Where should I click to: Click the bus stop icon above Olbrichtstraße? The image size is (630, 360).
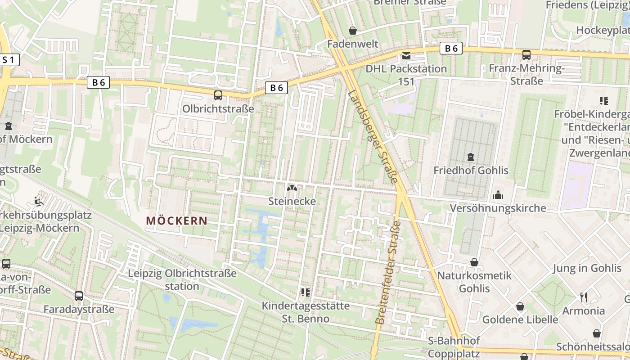coord(218,95)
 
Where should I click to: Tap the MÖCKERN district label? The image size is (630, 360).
coord(177,221)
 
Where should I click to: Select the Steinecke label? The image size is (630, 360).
coord(292,201)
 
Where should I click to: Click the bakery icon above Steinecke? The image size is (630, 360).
coord(292,188)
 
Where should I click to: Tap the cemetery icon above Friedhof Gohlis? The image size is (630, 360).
coord(471,157)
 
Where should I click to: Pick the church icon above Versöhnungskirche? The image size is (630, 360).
coord(498,195)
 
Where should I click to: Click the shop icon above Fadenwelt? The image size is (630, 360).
coord(353,31)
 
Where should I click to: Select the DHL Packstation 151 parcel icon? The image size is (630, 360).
coord(406,56)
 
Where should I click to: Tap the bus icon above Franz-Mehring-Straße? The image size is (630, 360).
coord(526,55)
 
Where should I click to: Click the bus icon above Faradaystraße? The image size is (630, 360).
coord(79,296)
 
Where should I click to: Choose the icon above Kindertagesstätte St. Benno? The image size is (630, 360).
coord(306,292)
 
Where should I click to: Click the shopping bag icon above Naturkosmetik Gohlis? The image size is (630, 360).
coord(474,262)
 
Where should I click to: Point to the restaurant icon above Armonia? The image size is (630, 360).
coord(584,297)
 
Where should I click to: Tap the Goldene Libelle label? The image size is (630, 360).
coord(520,319)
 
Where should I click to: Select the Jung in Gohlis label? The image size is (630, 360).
coord(587,268)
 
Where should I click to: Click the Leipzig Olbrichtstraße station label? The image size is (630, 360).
coord(182,279)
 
